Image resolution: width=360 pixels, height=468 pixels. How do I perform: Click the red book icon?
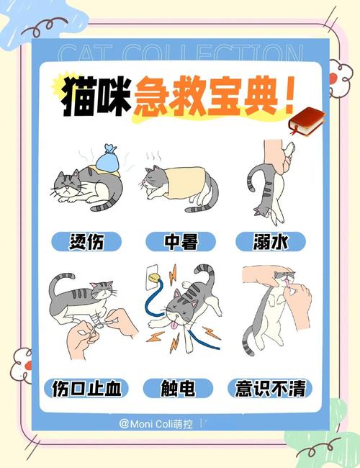tap(306, 121)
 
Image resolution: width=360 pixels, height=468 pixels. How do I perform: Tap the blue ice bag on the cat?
tap(107, 159)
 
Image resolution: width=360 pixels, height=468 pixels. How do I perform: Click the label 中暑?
tap(180, 242)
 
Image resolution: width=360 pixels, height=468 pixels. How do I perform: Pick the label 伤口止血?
tap(86, 389)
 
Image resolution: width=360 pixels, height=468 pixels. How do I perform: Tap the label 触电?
tap(180, 389)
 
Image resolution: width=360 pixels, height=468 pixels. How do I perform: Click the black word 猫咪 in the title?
tap(94, 96)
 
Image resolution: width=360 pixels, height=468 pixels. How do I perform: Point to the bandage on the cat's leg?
tap(93, 321)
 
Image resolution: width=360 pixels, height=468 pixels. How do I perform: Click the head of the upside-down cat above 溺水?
tap(265, 212)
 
